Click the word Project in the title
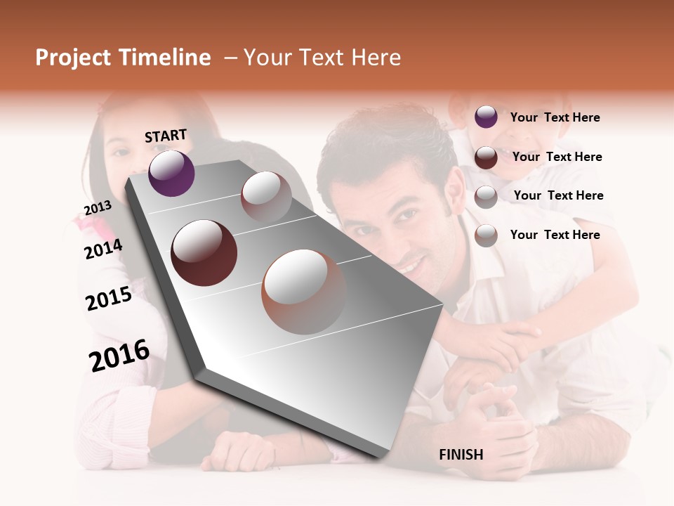(x=73, y=58)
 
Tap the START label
(x=166, y=136)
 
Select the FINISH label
(x=461, y=455)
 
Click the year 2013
(x=98, y=208)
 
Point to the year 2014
(x=103, y=249)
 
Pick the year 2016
(x=119, y=356)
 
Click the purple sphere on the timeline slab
(x=171, y=173)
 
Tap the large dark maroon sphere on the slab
(x=204, y=253)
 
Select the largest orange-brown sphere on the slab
(x=304, y=292)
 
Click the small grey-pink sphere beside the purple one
(x=266, y=196)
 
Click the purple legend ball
(x=486, y=117)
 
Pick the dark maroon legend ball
(x=486, y=157)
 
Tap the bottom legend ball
(x=486, y=235)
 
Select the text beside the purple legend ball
(x=555, y=117)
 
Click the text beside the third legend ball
(x=558, y=195)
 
